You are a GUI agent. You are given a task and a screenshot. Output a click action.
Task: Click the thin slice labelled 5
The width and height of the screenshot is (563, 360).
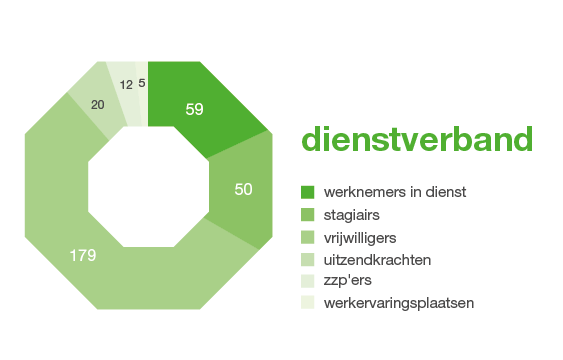[142, 84]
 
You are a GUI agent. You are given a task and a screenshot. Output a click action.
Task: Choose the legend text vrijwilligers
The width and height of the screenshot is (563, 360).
[360, 237]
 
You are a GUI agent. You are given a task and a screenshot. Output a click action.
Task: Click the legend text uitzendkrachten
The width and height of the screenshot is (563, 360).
[377, 259]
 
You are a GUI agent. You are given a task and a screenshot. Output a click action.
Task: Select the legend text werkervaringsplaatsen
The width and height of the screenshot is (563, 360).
[398, 303]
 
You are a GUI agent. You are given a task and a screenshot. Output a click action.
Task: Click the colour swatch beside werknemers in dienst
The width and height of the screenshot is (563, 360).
[308, 191]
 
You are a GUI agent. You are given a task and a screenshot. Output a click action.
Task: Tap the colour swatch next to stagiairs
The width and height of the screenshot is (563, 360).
[308, 214]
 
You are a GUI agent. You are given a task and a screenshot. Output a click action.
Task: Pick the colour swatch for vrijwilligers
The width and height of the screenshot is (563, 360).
[308, 237]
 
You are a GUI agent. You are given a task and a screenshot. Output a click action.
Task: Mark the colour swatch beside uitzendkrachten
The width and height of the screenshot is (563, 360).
[308, 259]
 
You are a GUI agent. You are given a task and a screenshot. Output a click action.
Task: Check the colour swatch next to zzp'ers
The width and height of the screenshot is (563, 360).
[308, 281]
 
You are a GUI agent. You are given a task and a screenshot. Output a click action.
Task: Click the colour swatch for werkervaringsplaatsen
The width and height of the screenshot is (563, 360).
[308, 303]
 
